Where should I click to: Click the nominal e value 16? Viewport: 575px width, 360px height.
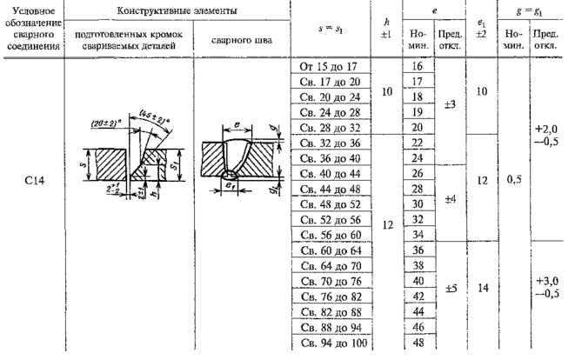pos(416,67)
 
